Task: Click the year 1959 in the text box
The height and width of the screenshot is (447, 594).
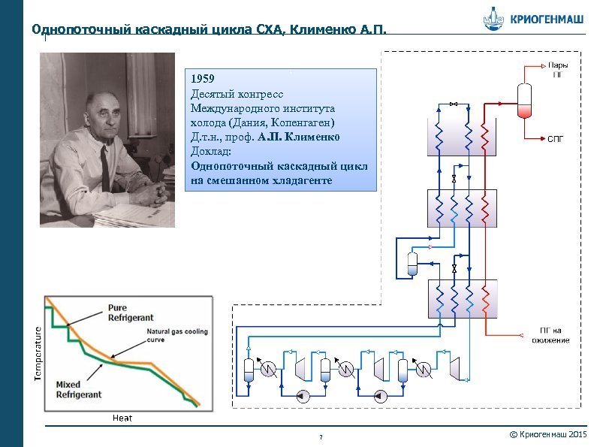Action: click(203, 78)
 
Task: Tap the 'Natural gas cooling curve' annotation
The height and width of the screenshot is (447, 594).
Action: click(176, 335)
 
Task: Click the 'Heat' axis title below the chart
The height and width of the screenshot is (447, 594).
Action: click(122, 418)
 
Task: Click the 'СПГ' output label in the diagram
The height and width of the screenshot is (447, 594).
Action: click(555, 139)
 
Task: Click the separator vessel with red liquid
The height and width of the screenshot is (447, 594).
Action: click(523, 99)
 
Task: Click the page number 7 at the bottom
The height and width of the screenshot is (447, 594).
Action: click(321, 437)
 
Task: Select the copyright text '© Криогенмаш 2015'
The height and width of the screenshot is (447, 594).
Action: click(547, 436)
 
